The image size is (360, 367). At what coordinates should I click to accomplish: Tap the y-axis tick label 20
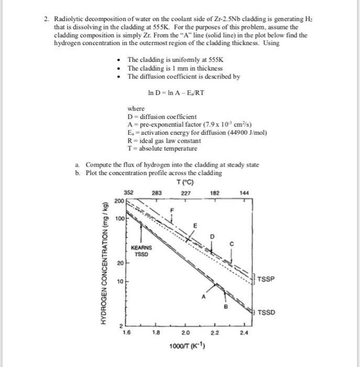pyautogui.click(x=120, y=262)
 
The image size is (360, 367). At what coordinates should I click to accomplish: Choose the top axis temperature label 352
pyautogui.click(x=128, y=193)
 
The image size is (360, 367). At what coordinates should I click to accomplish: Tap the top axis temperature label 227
pyautogui.click(x=185, y=193)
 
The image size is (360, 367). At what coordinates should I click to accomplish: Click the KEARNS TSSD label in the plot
pyautogui.click(x=141, y=251)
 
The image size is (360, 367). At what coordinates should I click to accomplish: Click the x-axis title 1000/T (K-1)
pyautogui.click(x=186, y=346)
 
